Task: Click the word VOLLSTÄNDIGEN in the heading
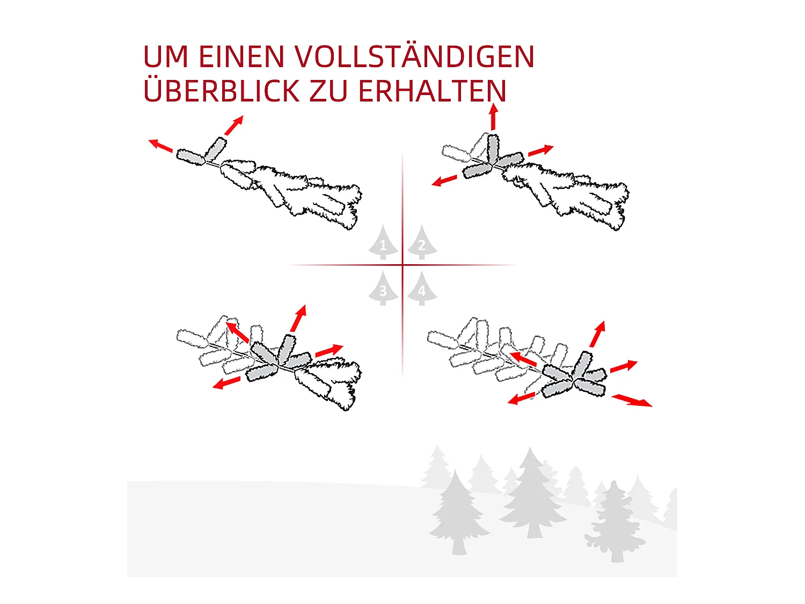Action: (x=414, y=56)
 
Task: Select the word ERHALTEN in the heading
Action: (x=432, y=91)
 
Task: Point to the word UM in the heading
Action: (x=166, y=57)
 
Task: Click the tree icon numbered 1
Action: (x=383, y=242)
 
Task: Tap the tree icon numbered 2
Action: (x=422, y=242)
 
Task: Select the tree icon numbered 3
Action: (x=383, y=288)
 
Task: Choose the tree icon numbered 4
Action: (x=422, y=288)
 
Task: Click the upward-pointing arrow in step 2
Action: (x=493, y=117)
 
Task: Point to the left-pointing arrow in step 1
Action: (x=160, y=145)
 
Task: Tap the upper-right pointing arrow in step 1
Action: (x=234, y=126)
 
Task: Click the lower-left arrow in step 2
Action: (x=444, y=180)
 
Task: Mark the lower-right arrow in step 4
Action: (x=632, y=400)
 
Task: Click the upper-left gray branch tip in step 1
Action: (x=191, y=157)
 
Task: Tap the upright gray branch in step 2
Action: (x=493, y=149)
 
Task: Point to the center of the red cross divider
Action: (x=402, y=265)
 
